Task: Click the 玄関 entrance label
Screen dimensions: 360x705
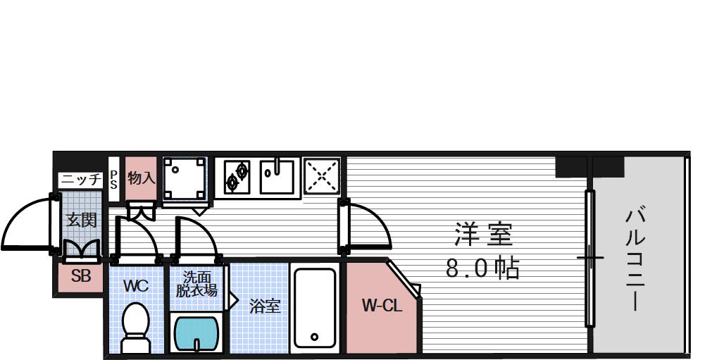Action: pyautogui.click(x=81, y=219)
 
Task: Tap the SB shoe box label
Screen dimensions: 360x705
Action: pyautogui.click(x=81, y=276)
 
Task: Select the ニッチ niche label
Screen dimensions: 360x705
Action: pyautogui.click(x=81, y=179)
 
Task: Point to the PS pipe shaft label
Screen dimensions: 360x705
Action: pyautogui.click(x=113, y=179)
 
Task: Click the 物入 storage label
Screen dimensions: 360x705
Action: pyautogui.click(x=141, y=178)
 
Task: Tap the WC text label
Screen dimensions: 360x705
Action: pyautogui.click(x=135, y=286)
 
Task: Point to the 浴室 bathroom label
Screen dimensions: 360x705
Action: pyautogui.click(x=264, y=306)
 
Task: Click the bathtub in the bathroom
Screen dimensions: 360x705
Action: pyautogui.click(x=314, y=308)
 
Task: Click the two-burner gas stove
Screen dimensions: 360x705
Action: pyautogui.click(x=237, y=175)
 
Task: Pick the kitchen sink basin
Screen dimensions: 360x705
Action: pyautogui.click(x=280, y=176)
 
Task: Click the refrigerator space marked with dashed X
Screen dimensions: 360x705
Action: pyautogui.click(x=322, y=175)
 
